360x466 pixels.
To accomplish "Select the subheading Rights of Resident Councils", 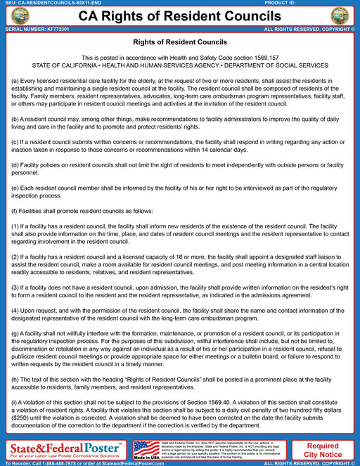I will coord(179,43).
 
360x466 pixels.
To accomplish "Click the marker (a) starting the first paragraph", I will coord(15,82).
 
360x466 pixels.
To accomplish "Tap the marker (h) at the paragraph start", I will coord(15,379).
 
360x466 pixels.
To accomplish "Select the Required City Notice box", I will coord(323,450).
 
